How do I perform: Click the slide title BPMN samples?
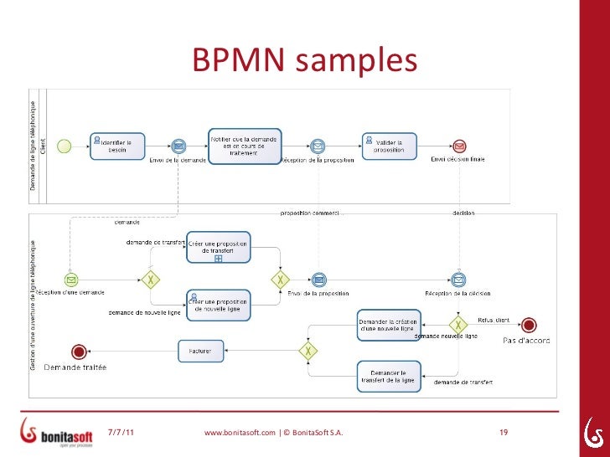304,60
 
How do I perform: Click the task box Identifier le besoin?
116,144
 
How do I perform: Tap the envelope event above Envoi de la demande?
178,146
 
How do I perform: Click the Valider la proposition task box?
388,144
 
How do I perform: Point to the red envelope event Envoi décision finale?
459,146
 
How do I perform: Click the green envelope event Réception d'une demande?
71,280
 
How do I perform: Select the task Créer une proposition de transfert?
218,247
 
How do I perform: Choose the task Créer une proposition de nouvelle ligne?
218,305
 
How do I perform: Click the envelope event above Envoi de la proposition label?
318,280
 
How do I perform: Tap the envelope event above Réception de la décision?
457,280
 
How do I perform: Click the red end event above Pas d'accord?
529,325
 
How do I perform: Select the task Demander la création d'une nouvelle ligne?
389,326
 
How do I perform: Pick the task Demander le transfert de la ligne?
389,376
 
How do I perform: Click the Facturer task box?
200,351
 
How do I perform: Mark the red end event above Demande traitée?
80,352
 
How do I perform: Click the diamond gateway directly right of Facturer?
309,352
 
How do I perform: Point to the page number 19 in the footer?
504,433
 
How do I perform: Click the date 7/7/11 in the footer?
125,433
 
